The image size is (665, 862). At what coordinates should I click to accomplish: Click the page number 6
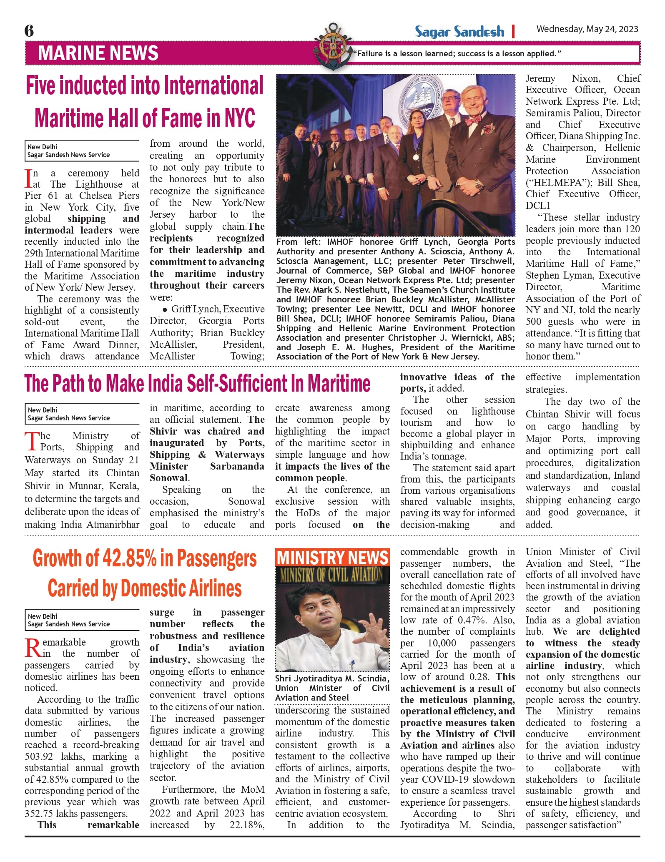coord(29,31)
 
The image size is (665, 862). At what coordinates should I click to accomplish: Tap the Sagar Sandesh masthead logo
coord(459,32)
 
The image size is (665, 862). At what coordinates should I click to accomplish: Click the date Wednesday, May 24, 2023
coord(587,29)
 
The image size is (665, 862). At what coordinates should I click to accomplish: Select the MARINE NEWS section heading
coord(98,53)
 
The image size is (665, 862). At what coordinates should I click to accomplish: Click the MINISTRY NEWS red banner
coord(332,558)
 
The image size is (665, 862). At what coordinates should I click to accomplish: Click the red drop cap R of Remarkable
coord(33,648)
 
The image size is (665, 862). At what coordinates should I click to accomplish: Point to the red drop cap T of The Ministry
coord(32,442)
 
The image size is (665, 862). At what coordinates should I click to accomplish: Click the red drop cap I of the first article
coord(28,178)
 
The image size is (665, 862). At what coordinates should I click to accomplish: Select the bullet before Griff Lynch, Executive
coord(165,309)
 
